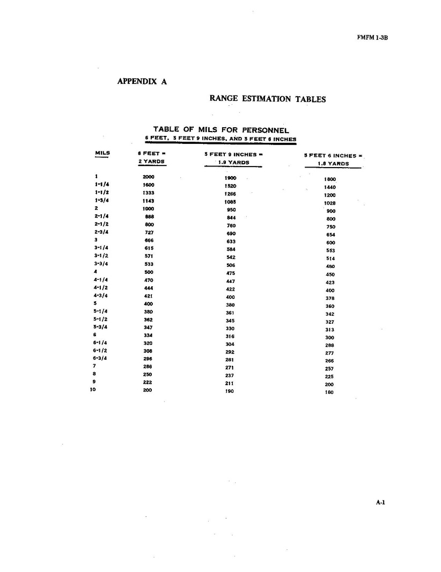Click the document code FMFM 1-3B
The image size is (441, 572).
[371, 38]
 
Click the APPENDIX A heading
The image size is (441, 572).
[142, 82]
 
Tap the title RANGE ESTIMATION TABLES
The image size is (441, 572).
[268, 99]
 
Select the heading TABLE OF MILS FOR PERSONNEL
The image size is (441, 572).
[221, 130]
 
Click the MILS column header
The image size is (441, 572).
[102, 153]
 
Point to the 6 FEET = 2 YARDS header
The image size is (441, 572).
[151, 157]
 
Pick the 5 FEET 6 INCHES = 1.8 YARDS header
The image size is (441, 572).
[333, 160]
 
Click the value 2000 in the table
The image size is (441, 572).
[149, 177]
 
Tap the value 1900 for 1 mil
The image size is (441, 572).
[231, 178]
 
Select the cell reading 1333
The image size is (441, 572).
[149, 192]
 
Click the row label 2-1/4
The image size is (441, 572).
[102, 216]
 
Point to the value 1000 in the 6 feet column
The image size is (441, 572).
[149, 208]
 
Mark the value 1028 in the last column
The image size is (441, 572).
[330, 204]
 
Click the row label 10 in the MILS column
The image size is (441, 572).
[93, 390]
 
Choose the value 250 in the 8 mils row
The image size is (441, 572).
[148, 374]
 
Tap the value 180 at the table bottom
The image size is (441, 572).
[329, 393]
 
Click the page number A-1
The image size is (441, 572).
[381, 503]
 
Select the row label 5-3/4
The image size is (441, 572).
[101, 327]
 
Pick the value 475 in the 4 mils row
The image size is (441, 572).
[231, 273]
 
